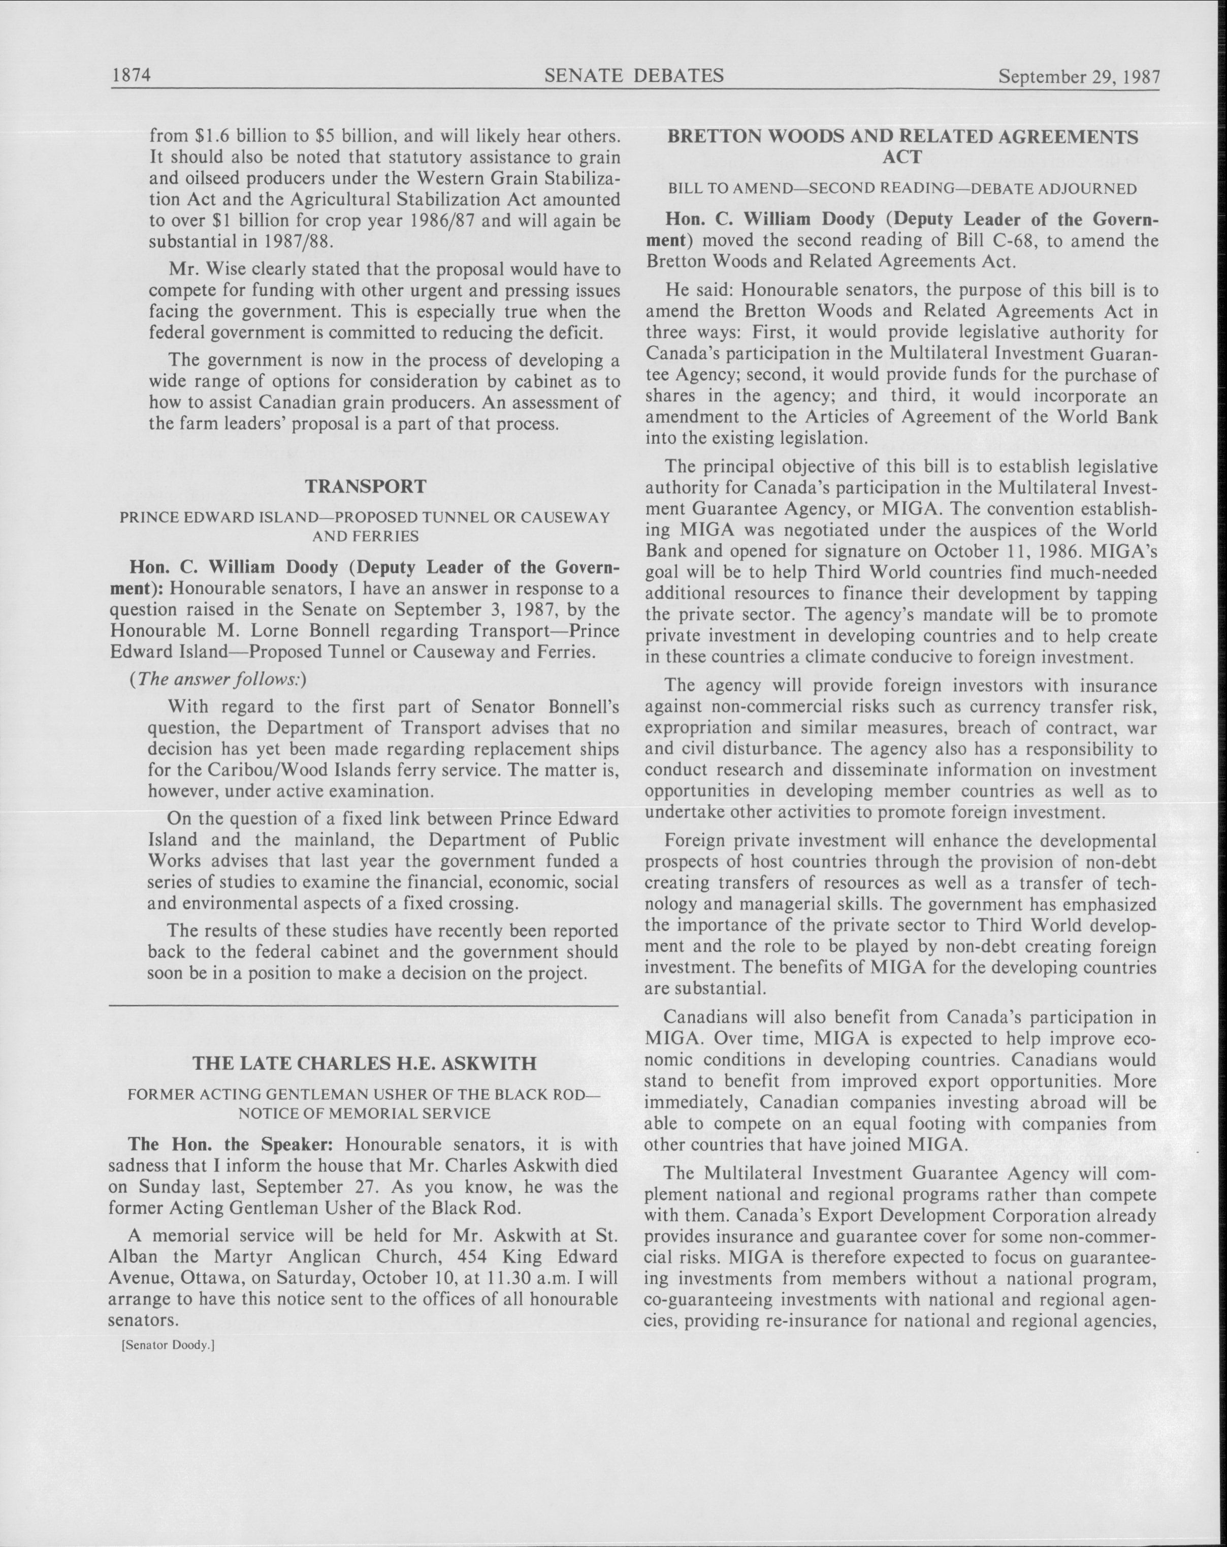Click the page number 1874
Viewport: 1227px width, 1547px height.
click(x=131, y=75)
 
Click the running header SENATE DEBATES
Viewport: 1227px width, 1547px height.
click(x=634, y=75)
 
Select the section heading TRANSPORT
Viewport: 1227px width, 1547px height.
click(x=366, y=486)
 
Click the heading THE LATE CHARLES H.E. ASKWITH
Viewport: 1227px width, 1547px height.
click(x=365, y=1063)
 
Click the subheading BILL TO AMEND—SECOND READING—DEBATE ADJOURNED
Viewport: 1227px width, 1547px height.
click(x=902, y=190)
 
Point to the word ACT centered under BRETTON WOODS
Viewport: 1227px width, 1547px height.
click(x=901, y=157)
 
